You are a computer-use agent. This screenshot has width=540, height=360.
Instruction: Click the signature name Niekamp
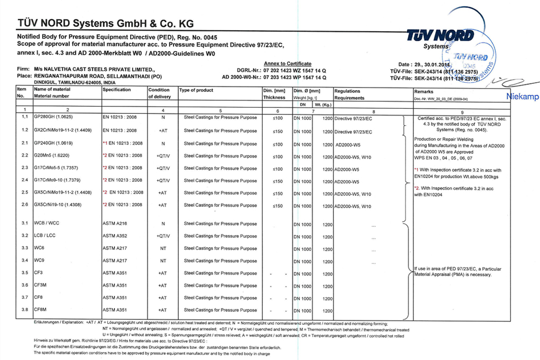point(523,96)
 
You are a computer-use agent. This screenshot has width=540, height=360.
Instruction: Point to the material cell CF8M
point(41,309)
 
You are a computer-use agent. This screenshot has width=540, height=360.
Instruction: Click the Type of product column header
point(196,91)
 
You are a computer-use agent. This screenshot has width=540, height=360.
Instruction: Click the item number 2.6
point(24,205)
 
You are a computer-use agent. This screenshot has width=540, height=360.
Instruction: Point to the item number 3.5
point(24,273)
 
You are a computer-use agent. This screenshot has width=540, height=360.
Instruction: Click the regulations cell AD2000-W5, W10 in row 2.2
point(353,156)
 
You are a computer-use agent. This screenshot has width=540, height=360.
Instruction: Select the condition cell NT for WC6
point(162,248)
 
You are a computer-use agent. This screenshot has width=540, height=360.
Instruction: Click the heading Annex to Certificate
point(287,63)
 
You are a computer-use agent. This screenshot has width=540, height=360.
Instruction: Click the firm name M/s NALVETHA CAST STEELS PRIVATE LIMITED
point(94,70)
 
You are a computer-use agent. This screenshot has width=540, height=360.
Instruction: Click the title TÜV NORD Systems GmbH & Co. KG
point(105,23)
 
